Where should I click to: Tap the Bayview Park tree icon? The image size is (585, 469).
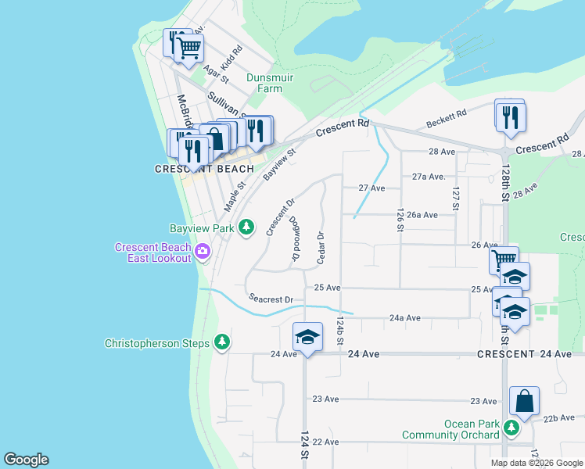click(246, 227)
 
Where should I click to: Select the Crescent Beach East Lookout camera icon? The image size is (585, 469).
click(203, 252)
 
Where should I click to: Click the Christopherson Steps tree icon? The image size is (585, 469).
click(223, 342)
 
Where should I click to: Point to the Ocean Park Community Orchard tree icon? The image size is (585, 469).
click(511, 428)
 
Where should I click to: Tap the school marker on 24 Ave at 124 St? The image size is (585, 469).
click(307, 338)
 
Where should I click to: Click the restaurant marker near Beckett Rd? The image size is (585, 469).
click(511, 117)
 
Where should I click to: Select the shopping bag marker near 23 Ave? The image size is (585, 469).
click(525, 401)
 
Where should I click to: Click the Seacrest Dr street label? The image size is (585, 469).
click(271, 299)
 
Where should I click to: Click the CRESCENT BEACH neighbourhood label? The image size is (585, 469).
click(204, 169)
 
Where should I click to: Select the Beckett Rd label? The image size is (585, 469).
click(446, 119)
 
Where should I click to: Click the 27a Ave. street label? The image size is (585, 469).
click(429, 177)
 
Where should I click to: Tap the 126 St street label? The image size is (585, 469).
click(400, 220)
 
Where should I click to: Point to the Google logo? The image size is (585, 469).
click(26, 460)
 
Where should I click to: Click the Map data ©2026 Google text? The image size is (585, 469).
click(536, 463)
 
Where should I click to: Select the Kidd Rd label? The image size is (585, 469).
click(231, 59)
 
